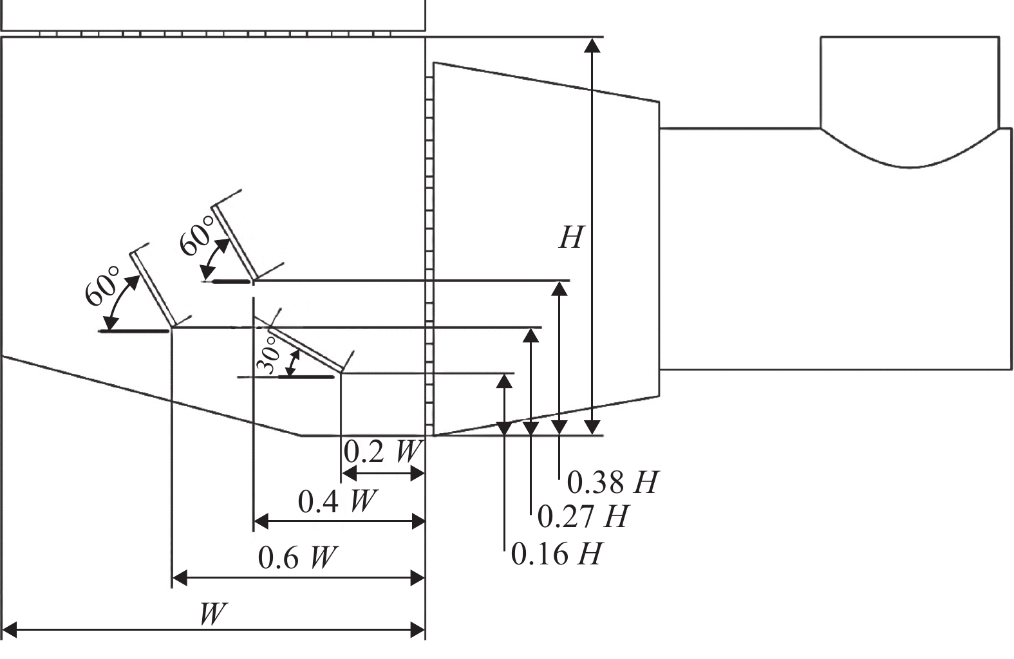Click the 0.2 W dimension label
382,451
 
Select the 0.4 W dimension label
337,501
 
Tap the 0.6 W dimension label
297,557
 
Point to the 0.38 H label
612,482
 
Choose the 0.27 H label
583,516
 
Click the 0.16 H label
556,553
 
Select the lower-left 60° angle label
102,286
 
